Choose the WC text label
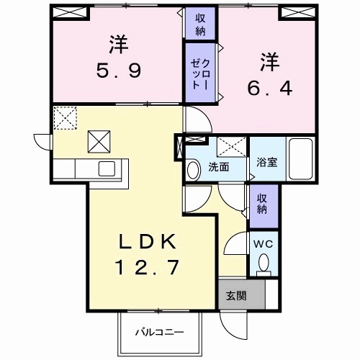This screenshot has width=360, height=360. click(264, 243)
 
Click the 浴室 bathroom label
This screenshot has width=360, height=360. click(266, 162)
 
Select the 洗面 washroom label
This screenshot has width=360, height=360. click(219, 167)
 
